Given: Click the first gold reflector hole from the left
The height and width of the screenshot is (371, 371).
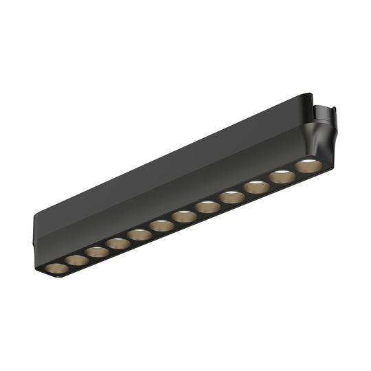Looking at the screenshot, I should point(57,268).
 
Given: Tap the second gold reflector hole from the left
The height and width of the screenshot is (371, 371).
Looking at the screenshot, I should point(77,260).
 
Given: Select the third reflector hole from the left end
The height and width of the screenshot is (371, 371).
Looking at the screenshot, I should point(98,251).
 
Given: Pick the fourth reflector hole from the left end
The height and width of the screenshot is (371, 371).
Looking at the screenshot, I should point(117,243).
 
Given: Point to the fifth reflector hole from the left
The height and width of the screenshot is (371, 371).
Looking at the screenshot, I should point(139,234).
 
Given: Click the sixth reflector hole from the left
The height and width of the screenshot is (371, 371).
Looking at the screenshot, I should point(162,225).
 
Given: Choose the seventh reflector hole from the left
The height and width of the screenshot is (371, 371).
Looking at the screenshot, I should point(184,216).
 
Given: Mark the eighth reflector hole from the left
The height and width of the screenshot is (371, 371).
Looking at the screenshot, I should point(207,207).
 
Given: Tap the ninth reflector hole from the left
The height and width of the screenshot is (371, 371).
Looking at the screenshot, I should point(232,197).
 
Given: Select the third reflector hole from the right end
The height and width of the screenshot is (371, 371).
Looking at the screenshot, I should point(256,187).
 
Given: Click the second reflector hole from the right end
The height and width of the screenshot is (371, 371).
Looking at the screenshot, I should point(282,177).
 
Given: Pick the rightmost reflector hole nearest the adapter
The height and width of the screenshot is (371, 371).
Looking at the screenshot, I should point(308,166).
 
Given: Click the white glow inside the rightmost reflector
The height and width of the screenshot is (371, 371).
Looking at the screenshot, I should point(308,162).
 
